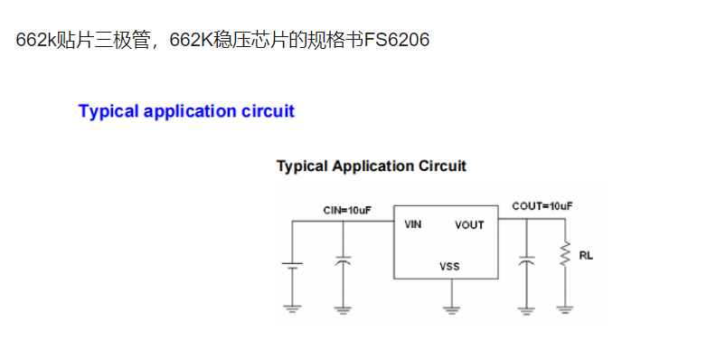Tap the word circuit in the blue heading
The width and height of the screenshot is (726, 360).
point(268,111)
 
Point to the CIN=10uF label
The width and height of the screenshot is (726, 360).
point(346,209)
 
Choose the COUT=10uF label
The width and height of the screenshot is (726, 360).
point(542,206)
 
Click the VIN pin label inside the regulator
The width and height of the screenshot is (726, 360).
point(412,224)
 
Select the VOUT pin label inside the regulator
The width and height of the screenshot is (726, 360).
point(468,225)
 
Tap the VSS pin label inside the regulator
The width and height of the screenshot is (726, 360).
point(449,267)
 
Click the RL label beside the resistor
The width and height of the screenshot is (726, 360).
point(586,255)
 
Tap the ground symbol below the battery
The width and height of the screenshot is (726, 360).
point(292,308)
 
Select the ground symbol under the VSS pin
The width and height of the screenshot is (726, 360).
point(449,309)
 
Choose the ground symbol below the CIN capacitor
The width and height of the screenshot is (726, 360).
point(343,308)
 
